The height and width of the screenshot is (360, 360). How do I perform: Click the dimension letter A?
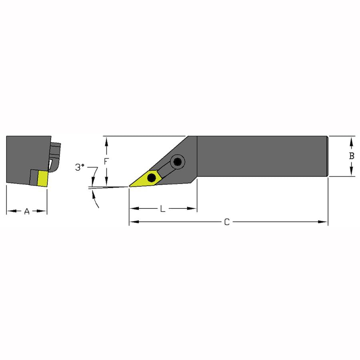pyautogui.click(x=27, y=211)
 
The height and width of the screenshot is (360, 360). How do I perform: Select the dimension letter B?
pyautogui.click(x=352, y=156)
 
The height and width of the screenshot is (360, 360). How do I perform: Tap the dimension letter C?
pyautogui.click(x=227, y=222)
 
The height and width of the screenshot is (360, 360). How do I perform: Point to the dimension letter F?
pyautogui.click(x=106, y=162)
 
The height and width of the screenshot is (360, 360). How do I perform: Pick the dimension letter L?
pyautogui.click(x=162, y=209)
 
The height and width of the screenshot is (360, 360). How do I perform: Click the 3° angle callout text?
pyautogui.click(x=80, y=167)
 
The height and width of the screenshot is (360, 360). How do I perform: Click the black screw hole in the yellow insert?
pyautogui.click(x=152, y=177)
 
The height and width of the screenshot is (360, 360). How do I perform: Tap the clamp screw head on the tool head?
pyautogui.click(x=178, y=162)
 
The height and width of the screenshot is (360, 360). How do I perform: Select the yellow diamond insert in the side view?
pyautogui.click(x=146, y=179)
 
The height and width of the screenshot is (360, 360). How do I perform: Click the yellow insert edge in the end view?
pyautogui.click(x=43, y=178)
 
